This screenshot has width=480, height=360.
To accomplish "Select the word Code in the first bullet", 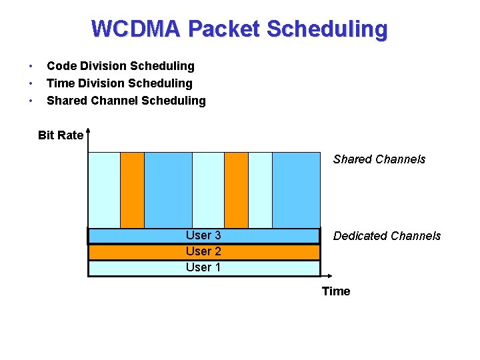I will [61, 66].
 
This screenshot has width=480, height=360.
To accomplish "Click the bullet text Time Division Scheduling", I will [119, 83].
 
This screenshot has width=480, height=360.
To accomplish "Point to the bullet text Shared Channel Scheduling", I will [126, 101].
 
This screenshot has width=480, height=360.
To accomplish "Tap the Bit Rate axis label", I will [61, 135].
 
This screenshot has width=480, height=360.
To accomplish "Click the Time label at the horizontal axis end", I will [336, 291].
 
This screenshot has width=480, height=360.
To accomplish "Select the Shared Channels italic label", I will [379, 159].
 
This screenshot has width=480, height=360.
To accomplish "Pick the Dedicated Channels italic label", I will [387, 236].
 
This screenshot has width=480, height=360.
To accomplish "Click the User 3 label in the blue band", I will [203, 235].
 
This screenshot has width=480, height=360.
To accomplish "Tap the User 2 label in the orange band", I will [203, 251].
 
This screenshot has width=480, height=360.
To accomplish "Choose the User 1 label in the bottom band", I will [203, 267].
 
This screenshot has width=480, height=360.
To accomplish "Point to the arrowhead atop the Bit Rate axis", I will [87, 133].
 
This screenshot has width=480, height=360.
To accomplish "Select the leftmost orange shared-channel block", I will [132, 190].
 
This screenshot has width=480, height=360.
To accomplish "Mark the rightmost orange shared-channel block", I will [236, 190].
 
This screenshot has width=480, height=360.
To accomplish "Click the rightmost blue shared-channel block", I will [296, 190].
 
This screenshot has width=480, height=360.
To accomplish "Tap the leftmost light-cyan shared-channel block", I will [104, 190].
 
